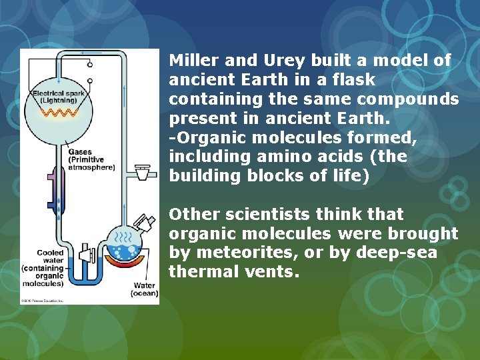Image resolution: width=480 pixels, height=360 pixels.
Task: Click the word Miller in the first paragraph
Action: [x=193, y=61]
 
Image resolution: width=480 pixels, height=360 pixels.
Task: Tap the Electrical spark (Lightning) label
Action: [x=59, y=97]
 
